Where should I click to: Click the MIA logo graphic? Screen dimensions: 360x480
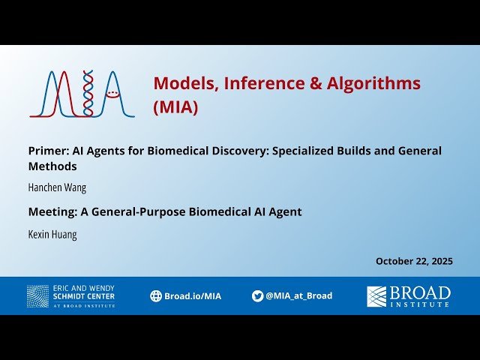pos(82,94)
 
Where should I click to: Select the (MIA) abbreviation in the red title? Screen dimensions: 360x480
pos(175,107)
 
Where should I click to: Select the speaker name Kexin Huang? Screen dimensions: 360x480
pos(52,234)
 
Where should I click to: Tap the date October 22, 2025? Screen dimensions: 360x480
pos(414,261)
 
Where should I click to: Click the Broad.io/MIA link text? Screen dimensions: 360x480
pos(193,296)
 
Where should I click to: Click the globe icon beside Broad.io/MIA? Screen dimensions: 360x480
pos(156,296)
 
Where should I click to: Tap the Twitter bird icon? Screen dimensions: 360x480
pos(257,296)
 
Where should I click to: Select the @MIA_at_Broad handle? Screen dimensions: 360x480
pos(298,296)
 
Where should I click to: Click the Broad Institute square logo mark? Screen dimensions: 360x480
pos(376,296)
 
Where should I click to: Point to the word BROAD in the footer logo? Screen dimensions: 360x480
pos(420,292)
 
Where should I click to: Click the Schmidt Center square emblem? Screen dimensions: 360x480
pos(37,296)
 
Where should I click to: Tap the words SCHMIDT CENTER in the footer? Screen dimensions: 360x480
pos(84,296)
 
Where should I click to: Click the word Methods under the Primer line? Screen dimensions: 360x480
pos(52,166)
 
